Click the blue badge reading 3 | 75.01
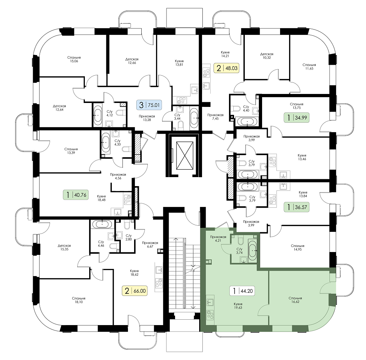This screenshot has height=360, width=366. tap(149, 105)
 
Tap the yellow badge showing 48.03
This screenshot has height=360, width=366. tap(227, 68)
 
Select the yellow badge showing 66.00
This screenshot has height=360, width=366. tap(135, 291)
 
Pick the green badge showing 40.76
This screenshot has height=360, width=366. tap(76, 194)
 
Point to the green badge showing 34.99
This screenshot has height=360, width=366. tap(297, 118)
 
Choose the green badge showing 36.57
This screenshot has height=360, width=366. tap(297, 207)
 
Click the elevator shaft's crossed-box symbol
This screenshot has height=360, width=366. tap(185, 156)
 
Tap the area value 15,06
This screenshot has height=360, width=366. tap(74, 61)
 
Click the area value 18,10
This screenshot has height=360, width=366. tap(79, 302)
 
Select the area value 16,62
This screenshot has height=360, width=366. tap(295, 302)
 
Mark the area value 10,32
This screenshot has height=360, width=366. tap(266, 58)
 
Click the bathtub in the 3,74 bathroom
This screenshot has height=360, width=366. tap(252, 250)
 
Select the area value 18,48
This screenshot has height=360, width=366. tap(101, 200)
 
